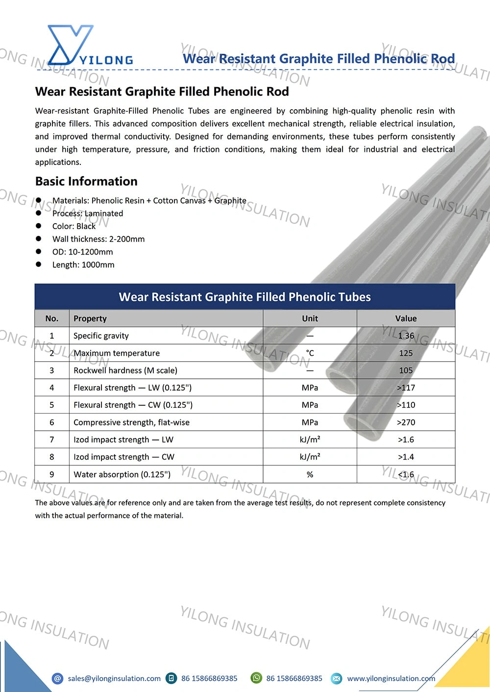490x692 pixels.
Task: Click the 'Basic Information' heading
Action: coord(86,182)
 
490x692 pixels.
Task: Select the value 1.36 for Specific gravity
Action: coord(406,336)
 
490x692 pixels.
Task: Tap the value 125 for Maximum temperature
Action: coord(406,353)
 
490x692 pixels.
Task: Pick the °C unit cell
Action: coord(310,353)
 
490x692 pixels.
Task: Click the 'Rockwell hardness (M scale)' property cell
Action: coord(125,370)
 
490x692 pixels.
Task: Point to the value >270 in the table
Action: coord(406,422)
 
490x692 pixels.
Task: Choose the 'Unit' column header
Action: coord(310,319)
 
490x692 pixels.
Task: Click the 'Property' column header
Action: coord(90,319)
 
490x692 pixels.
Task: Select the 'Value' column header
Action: coord(406,319)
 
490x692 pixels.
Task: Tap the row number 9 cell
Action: coord(52,474)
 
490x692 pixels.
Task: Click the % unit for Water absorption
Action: coord(310,474)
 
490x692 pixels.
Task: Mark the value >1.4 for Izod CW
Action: coord(406,457)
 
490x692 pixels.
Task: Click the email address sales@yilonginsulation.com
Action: coord(114,678)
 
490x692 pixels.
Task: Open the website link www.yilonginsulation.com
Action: coord(391,678)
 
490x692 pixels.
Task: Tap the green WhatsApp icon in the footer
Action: coord(256,678)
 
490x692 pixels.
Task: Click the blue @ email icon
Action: coord(58,678)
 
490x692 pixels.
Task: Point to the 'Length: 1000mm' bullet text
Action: coord(83,265)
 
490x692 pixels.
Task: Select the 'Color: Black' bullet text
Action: coord(74,226)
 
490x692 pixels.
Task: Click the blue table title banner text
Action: coord(245,297)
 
